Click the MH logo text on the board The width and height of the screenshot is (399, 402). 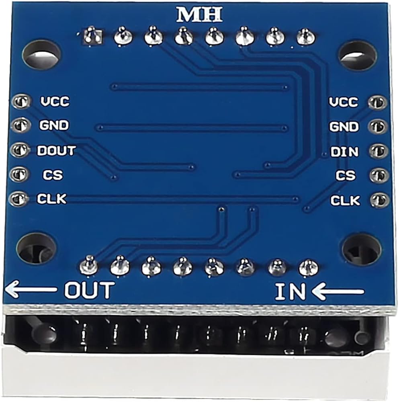click(199, 14)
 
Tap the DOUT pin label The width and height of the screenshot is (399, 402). click(56, 151)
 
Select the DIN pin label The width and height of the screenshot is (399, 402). click(344, 152)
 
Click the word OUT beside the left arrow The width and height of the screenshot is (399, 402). click(89, 290)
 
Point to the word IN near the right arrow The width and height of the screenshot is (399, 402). click(290, 291)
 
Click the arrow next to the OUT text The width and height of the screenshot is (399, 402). click(31, 289)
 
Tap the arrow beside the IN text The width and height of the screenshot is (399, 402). click(338, 291)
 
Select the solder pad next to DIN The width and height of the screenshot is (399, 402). click(379, 151)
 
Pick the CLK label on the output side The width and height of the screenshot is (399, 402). click(51, 199)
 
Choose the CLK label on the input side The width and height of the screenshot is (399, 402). click(345, 200)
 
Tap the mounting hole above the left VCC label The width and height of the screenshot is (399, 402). click(41, 54)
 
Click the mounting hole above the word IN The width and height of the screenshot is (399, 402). click(361, 249)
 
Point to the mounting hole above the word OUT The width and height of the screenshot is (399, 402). click(36, 248)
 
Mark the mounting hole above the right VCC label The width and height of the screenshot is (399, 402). click(357, 55)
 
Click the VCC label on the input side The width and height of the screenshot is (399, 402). click(344, 102)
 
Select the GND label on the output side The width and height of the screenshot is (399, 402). click(54, 125)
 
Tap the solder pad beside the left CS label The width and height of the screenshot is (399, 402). click(19, 174)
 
